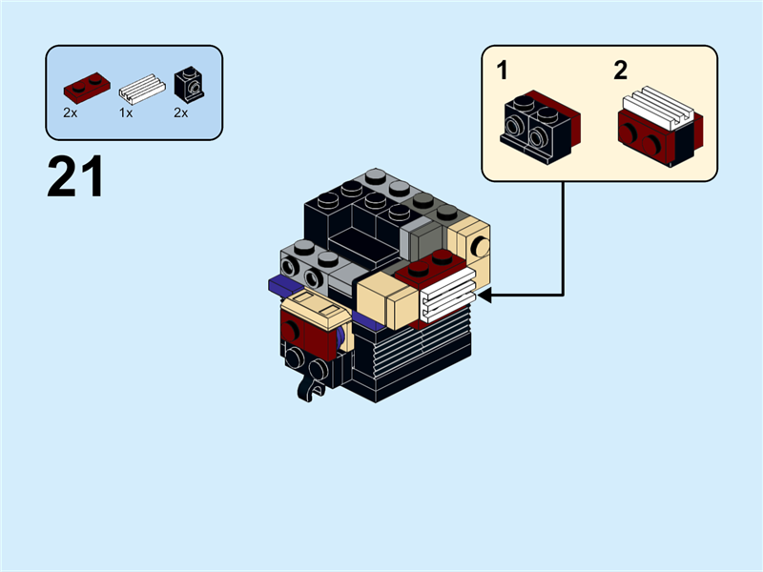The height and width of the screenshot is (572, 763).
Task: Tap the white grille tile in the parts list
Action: tap(140, 90)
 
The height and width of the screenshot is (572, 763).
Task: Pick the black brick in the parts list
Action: tap(188, 86)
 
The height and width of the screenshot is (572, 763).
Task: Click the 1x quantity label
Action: tap(126, 112)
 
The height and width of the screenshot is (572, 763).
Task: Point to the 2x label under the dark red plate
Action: tap(71, 112)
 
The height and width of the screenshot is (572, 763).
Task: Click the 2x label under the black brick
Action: tap(180, 112)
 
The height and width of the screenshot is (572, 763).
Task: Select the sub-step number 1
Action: tap(503, 70)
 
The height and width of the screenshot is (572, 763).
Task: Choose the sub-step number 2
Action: tap(621, 70)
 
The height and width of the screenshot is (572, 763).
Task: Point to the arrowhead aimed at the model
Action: tap(485, 296)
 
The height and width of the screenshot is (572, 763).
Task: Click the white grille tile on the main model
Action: tap(447, 295)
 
